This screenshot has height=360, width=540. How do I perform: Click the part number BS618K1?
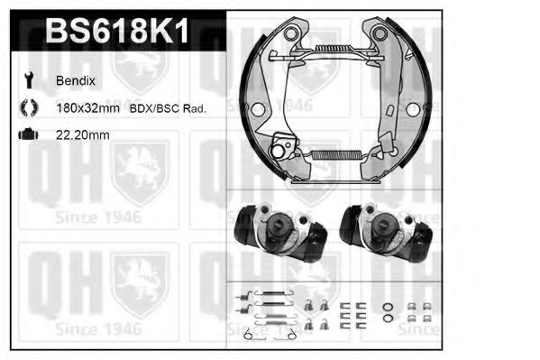click(116, 33)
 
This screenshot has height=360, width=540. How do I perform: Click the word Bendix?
click(77, 81)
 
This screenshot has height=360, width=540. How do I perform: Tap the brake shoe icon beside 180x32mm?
click(28, 108)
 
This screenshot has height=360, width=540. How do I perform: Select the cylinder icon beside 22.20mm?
click(28, 136)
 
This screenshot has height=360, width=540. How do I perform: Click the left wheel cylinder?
click(277, 233)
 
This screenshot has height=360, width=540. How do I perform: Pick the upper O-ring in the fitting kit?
click(387, 304)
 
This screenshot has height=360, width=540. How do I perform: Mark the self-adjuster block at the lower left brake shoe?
click(287, 145)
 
